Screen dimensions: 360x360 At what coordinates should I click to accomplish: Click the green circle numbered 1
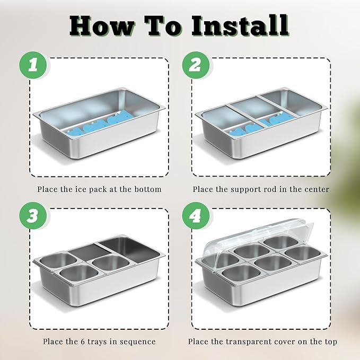(33, 65)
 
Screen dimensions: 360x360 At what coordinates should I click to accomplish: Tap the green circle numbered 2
(196, 65)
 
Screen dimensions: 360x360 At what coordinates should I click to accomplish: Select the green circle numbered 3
(33, 216)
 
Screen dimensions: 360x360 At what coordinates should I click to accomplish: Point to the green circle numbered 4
(196, 216)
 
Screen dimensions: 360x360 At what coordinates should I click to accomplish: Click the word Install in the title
(240, 25)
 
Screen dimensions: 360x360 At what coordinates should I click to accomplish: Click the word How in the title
(102, 26)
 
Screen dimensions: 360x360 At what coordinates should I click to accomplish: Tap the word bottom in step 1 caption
(147, 189)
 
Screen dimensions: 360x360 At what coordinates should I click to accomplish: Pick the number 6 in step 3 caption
(83, 341)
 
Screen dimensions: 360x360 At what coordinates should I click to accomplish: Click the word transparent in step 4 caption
(250, 342)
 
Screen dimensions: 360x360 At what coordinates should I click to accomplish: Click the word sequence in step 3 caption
(137, 342)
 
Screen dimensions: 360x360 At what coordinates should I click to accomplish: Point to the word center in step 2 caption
(317, 189)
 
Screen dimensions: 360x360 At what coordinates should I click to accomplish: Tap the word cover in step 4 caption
(286, 341)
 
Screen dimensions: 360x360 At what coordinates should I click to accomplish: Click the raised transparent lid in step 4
(257, 236)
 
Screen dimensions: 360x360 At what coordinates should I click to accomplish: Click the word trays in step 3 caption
(98, 342)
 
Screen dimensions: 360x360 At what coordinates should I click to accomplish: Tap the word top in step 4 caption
(331, 342)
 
